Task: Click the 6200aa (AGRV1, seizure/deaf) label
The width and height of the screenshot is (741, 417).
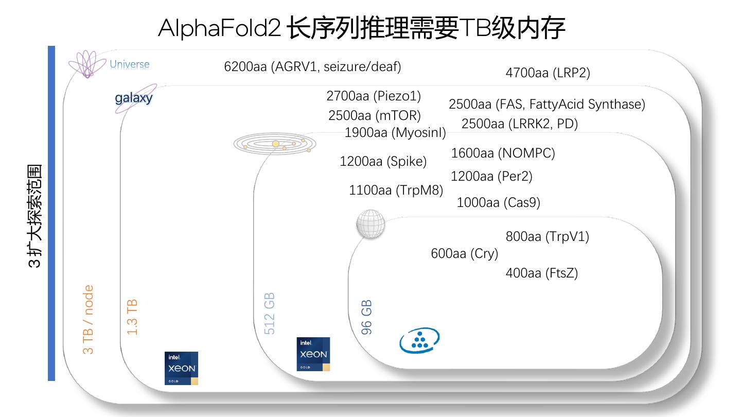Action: pyautogui.click(x=312, y=66)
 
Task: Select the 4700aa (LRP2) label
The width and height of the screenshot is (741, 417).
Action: pyautogui.click(x=548, y=73)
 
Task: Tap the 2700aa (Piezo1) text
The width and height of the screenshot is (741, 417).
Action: pyautogui.click(x=373, y=96)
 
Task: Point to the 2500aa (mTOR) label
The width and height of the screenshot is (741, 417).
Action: pyautogui.click(x=374, y=116)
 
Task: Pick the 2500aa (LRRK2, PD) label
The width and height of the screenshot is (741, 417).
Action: pyautogui.click(x=519, y=124)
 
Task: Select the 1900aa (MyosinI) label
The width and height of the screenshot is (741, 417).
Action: pyautogui.click(x=395, y=133)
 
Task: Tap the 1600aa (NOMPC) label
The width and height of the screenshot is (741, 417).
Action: pyautogui.click(x=503, y=153)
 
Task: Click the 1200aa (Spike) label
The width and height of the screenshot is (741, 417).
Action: pyautogui.click(x=383, y=161)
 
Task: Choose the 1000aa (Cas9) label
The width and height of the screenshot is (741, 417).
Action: pyautogui.click(x=498, y=202)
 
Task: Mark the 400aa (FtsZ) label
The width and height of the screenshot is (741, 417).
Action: pyautogui.click(x=541, y=273)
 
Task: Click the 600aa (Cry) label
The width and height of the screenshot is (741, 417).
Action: pyautogui.click(x=464, y=253)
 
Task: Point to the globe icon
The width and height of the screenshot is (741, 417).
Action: pyautogui.click(x=370, y=223)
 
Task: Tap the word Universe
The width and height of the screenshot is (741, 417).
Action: pyautogui.click(x=129, y=64)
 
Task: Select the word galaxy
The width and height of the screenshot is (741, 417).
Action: pyautogui.click(x=134, y=97)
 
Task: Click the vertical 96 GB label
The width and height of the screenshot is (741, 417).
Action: pyautogui.click(x=366, y=317)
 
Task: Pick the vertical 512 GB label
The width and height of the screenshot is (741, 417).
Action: pyautogui.click(x=269, y=314)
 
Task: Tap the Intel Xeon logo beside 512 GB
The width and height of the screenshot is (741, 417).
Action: pyautogui.click(x=313, y=354)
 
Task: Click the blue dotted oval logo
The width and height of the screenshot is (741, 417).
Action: pyautogui.click(x=419, y=340)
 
